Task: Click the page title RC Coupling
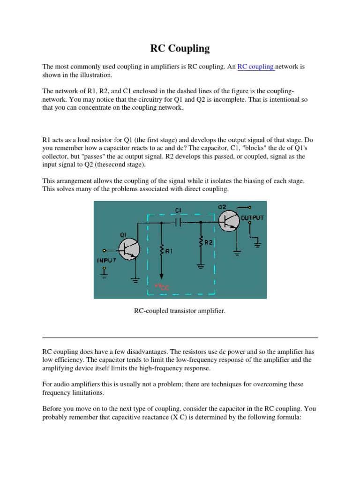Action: coord(180,48)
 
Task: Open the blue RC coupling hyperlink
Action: coord(255,67)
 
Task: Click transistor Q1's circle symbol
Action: coord(128,248)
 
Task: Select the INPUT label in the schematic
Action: coord(107,260)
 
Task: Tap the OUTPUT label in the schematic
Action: coord(253,217)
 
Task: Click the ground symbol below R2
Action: coord(201,266)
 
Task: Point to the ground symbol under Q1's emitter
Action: coord(136,280)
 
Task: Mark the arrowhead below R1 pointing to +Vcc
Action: coord(161,276)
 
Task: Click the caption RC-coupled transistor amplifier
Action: coord(180,310)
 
